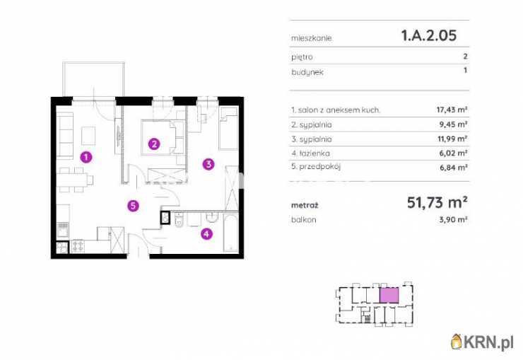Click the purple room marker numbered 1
(86, 157)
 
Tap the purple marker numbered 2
(154, 144)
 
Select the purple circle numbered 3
(208, 164)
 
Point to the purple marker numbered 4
(207, 234)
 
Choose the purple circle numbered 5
(133, 206)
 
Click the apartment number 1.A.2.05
(428, 35)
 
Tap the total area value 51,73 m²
(437, 202)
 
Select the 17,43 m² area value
(452, 110)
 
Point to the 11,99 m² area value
(452, 139)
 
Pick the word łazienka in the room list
(315, 153)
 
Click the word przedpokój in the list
(319, 166)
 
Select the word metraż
(305, 205)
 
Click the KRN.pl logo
(482, 342)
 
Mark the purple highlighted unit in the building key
(389, 295)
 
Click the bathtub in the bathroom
(231, 233)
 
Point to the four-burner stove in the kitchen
(78, 246)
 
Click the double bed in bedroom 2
(163, 137)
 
